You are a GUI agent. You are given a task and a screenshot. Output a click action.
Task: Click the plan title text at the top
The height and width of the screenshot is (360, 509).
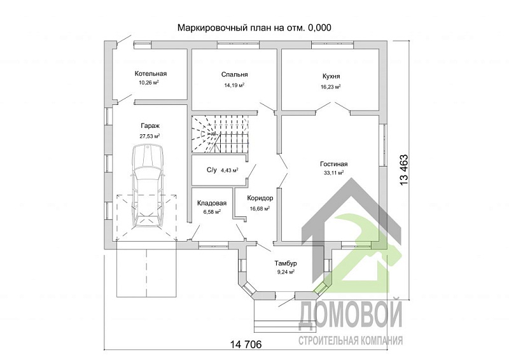[254, 27]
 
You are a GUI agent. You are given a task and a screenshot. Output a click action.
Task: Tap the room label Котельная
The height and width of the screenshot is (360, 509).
[150, 73]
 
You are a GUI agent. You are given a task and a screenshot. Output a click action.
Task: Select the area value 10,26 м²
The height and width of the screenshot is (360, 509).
[149, 83]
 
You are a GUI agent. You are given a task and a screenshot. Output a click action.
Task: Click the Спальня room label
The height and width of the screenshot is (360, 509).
[234, 74]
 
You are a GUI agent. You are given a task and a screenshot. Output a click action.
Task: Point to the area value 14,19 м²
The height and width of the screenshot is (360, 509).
[234, 85]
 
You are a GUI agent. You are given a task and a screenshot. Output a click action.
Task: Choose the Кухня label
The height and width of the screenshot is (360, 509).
[331, 76]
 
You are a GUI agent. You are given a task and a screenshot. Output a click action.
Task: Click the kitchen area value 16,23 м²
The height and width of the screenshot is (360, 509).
[331, 86]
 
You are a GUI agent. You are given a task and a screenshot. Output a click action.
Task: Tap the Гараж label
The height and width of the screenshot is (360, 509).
[150, 126]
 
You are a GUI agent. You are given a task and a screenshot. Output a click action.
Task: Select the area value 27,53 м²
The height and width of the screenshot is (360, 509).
[150, 136]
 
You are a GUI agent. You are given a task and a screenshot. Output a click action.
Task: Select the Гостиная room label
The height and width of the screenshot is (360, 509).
[333, 163]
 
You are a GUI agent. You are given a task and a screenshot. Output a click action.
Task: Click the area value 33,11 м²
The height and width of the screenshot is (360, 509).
[333, 172]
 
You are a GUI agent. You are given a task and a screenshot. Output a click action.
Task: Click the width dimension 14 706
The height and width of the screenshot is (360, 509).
[244, 343]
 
